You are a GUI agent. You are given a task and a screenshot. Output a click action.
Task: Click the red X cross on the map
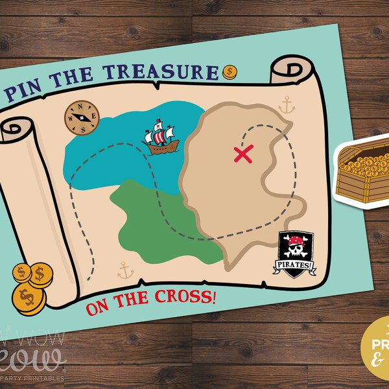[x=242, y=154]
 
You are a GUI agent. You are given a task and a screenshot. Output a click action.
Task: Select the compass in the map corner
[x=82, y=116]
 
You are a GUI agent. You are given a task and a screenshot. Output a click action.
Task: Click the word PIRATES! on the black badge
[x=296, y=265]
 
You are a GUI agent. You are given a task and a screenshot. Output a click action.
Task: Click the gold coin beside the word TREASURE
[x=230, y=71]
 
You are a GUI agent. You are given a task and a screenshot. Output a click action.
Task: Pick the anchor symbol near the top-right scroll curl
[x=286, y=104]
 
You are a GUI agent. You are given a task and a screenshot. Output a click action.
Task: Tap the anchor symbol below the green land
[x=124, y=270]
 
